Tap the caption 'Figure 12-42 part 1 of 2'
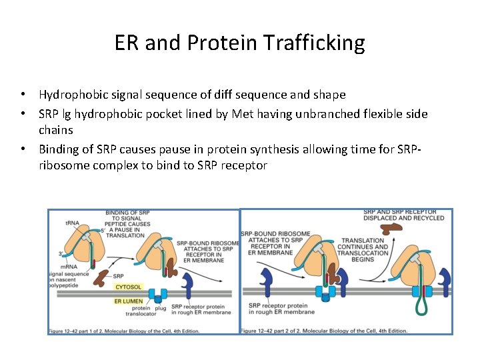click(142, 330)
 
